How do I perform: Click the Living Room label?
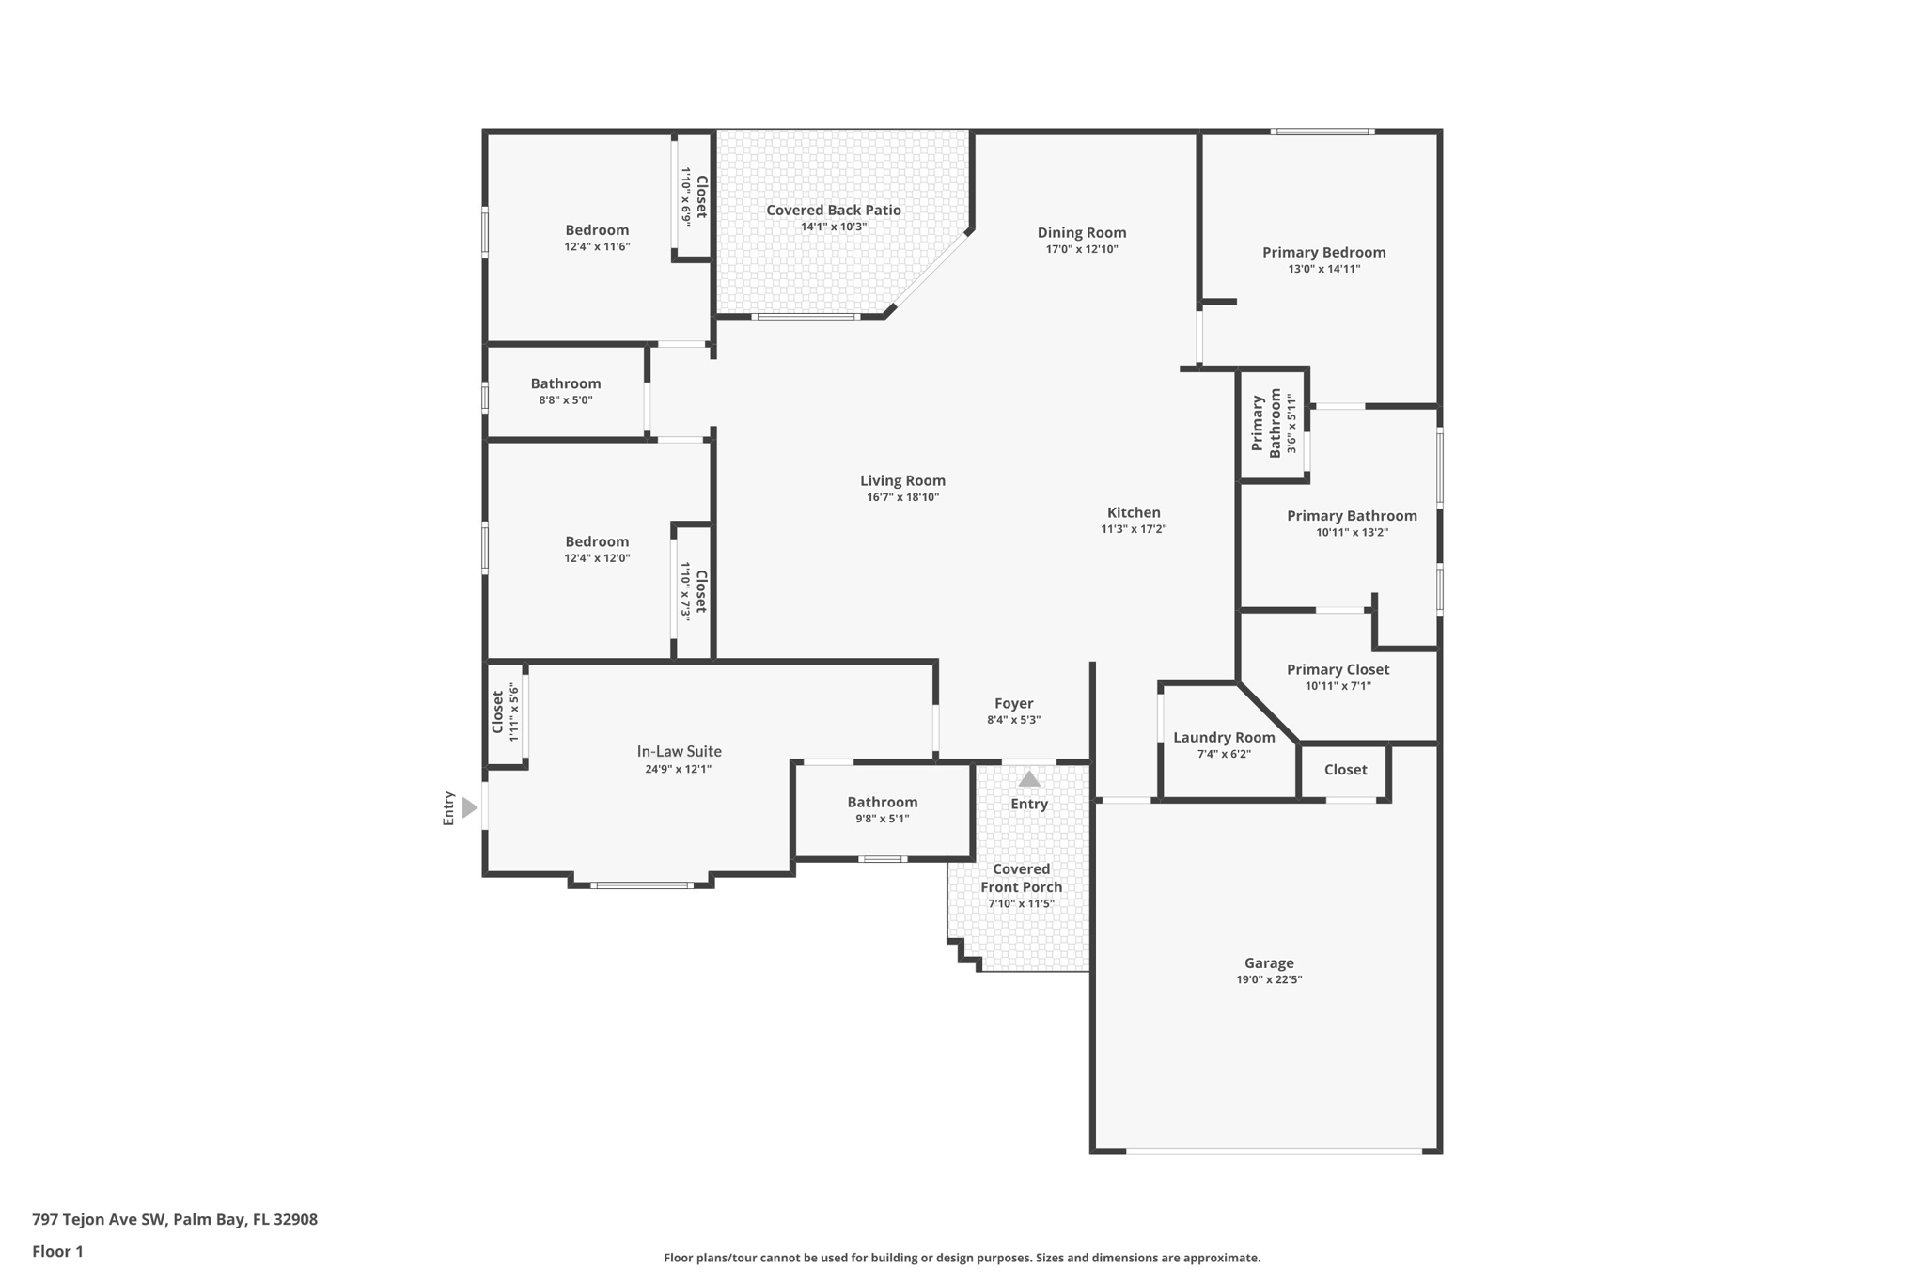click(x=902, y=480)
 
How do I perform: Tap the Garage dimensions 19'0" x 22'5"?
click(x=1269, y=979)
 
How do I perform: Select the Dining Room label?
click(x=1081, y=232)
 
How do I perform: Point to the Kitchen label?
click(x=1134, y=512)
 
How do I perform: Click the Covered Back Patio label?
click(x=833, y=210)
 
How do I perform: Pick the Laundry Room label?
click(x=1224, y=737)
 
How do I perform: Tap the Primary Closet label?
click(x=1338, y=669)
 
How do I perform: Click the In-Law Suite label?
click(x=679, y=751)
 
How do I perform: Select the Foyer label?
click(x=1013, y=703)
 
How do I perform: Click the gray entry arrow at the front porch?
click(x=1029, y=779)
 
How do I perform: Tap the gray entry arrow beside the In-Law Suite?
click(x=470, y=807)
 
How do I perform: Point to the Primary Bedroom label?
click(x=1323, y=252)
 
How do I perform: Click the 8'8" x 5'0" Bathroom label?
click(x=565, y=383)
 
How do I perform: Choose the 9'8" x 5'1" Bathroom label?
click(x=882, y=802)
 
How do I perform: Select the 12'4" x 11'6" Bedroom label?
click(x=597, y=230)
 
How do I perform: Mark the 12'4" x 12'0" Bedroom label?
click(x=597, y=541)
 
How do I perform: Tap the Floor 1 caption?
click(x=57, y=1251)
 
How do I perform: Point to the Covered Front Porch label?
click(x=1021, y=878)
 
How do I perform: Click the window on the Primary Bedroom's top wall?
click(x=1322, y=132)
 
